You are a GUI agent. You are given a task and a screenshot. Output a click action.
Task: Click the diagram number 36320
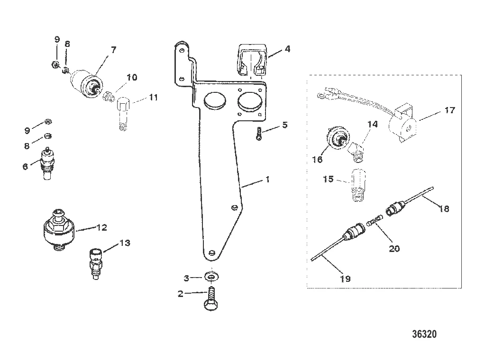click(x=424, y=334)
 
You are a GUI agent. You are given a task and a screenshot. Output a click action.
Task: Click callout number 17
click(x=449, y=110)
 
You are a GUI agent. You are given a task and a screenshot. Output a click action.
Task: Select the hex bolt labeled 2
click(x=211, y=298)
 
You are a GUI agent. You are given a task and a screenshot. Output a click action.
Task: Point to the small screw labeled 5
click(x=259, y=134)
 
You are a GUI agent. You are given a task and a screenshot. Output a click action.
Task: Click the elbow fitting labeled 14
click(x=357, y=151)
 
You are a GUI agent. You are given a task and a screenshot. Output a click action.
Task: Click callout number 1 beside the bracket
click(x=267, y=180)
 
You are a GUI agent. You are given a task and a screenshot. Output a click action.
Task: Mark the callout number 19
click(x=346, y=279)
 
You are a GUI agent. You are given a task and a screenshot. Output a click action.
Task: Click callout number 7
click(x=113, y=50)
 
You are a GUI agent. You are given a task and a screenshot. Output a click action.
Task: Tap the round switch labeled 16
click(x=338, y=139)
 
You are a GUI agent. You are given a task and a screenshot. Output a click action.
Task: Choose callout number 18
click(x=444, y=208)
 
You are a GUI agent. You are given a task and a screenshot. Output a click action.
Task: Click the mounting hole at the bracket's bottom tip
click(x=212, y=252)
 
